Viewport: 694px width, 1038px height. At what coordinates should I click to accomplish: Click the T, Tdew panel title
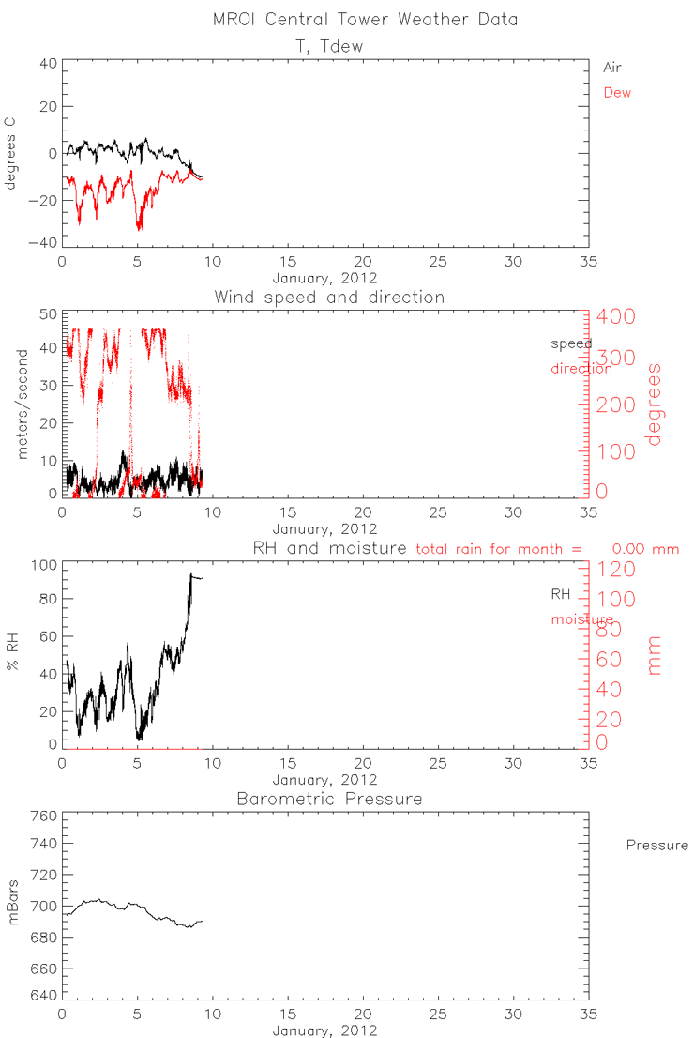tap(323, 45)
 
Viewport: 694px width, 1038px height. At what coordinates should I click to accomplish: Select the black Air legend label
tap(612, 68)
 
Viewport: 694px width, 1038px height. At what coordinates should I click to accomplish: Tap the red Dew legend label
tap(616, 92)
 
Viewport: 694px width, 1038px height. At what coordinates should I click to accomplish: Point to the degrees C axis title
tap(13, 153)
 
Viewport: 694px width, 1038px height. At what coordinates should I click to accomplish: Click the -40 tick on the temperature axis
tap(46, 243)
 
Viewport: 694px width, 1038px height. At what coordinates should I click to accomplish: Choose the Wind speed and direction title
tap(329, 297)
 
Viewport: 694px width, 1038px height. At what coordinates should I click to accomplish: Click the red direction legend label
tap(581, 369)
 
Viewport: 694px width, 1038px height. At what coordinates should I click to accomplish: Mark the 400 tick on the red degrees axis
tap(621, 316)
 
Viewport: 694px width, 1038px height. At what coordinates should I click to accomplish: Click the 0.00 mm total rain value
tap(645, 549)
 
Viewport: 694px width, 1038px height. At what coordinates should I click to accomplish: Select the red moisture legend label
tap(581, 620)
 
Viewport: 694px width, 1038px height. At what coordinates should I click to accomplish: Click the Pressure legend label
tap(656, 846)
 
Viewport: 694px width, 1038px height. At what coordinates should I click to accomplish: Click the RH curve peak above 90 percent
tap(191, 574)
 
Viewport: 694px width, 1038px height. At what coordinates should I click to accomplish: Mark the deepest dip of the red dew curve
tap(140, 228)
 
